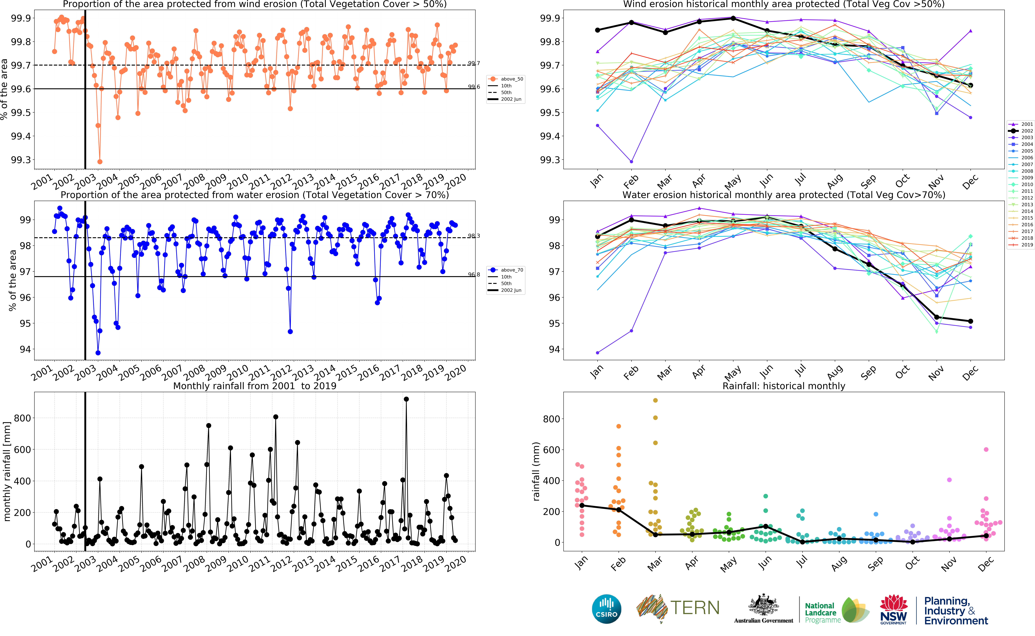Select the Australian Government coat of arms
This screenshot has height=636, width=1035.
pyautogui.click(x=763, y=606)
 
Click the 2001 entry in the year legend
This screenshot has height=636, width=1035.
pyautogui.click(x=1022, y=124)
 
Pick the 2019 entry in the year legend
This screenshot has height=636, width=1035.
pyautogui.click(x=1022, y=245)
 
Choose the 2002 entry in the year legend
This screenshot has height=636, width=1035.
pyautogui.click(x=1022, y=131)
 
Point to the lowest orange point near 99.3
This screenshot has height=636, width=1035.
pyautogui.click(x=100, y=161)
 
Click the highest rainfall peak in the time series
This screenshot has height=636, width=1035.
pyautogui.click(x=406, y=399)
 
